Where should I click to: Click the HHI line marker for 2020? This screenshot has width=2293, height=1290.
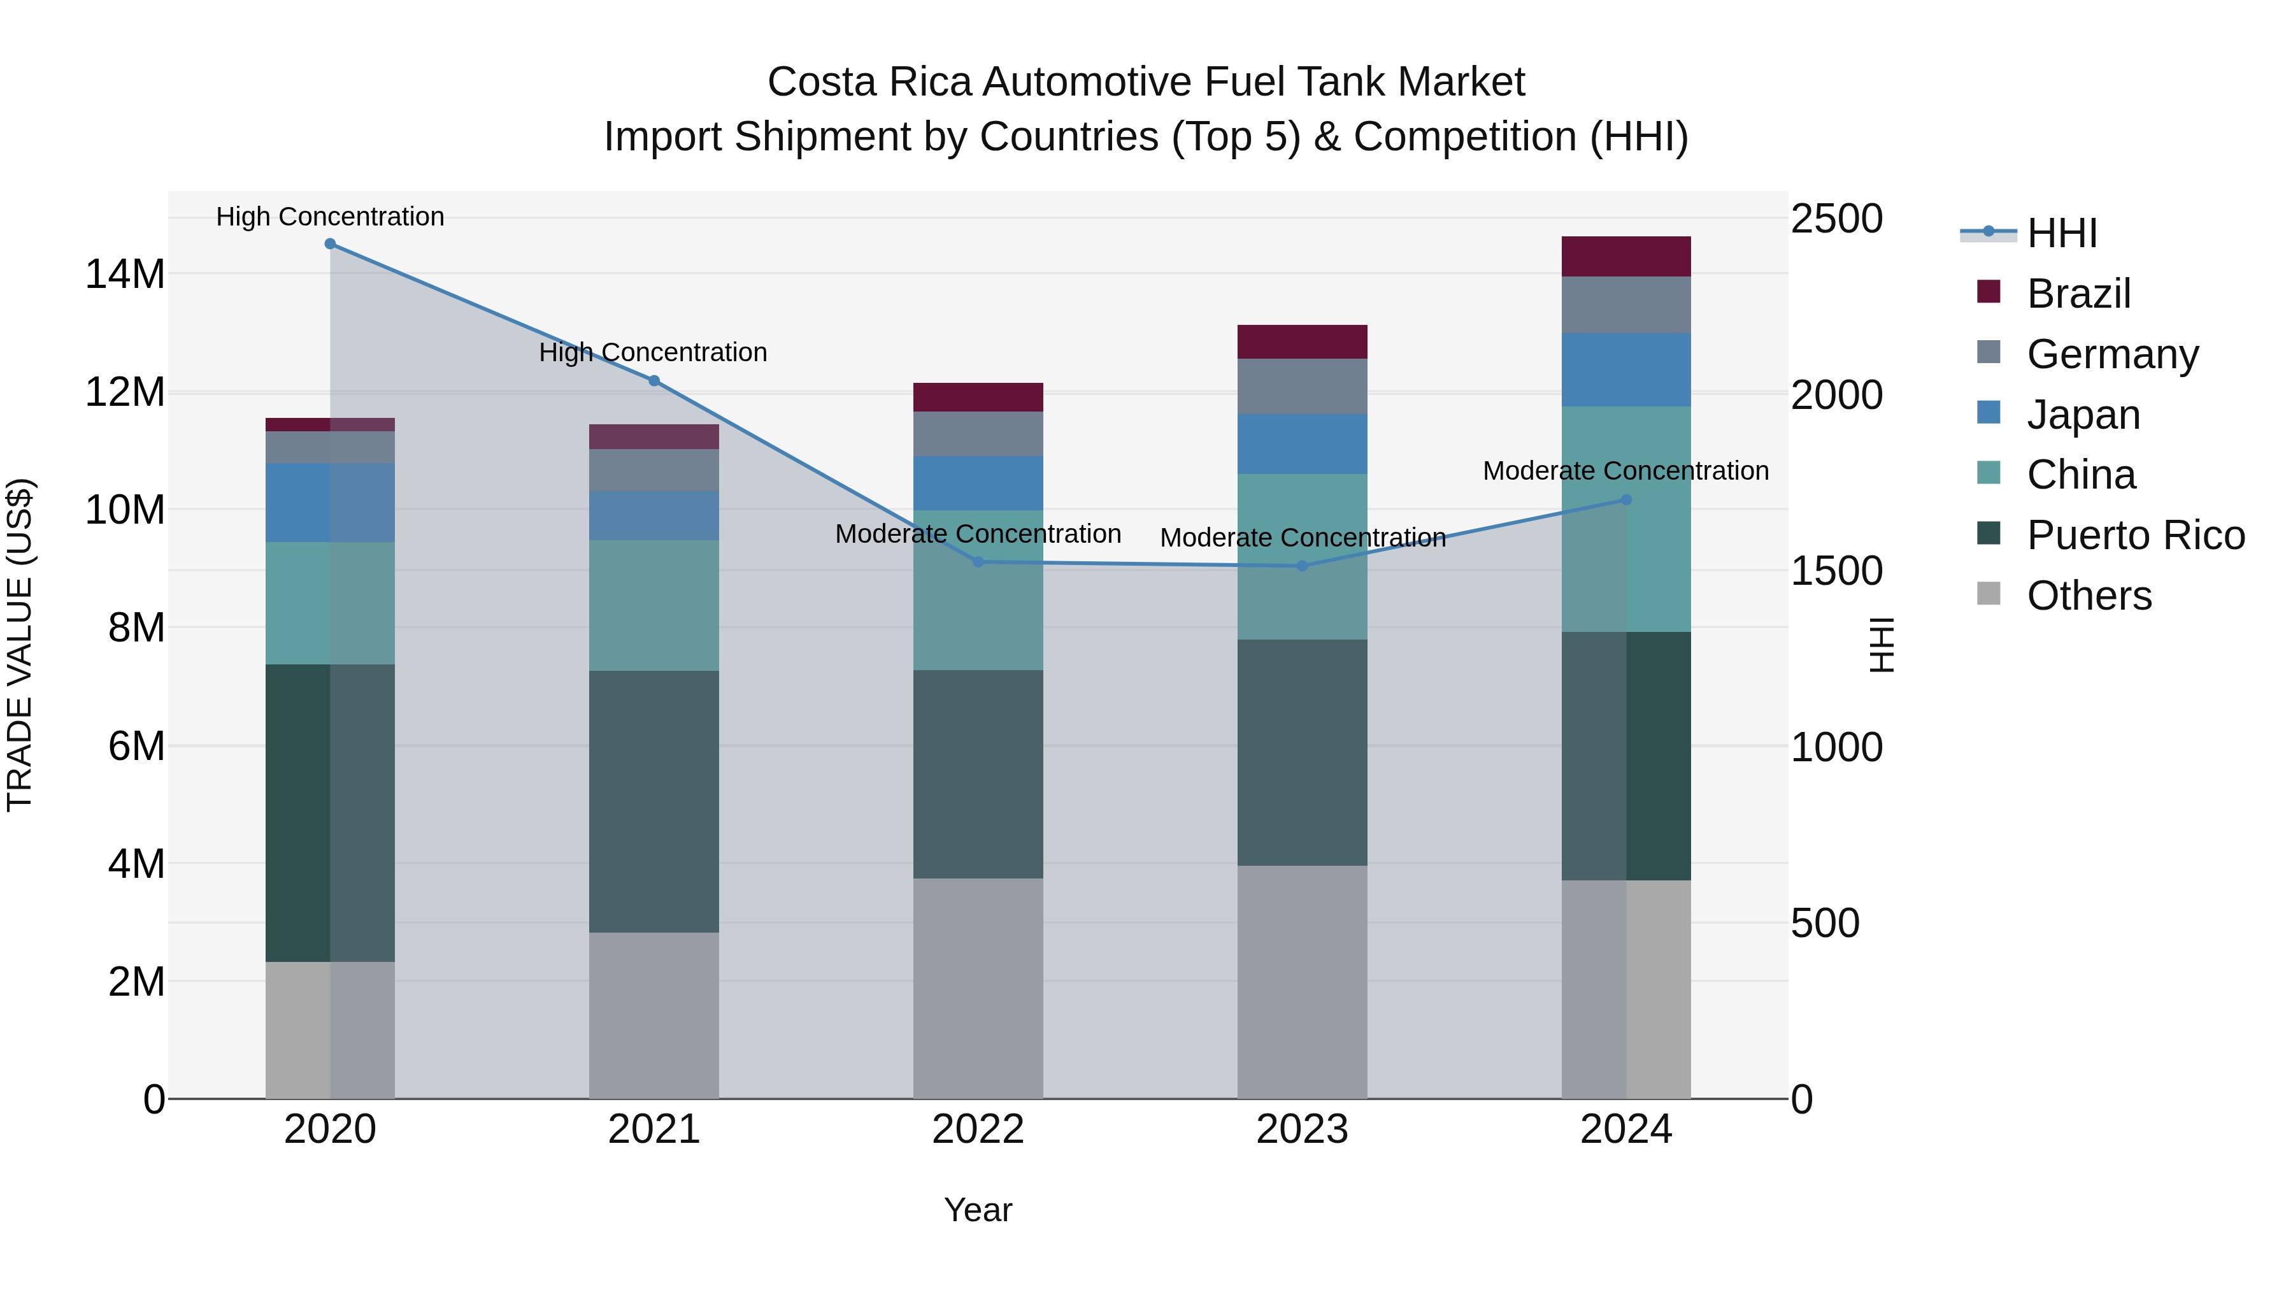[x=330, y=244]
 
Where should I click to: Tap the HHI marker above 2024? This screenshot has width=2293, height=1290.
[x=1625, y=499]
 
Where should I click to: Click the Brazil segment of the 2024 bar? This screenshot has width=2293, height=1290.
[x=1625, y=256]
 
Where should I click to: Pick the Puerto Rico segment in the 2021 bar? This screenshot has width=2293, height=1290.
[x=654, y=801]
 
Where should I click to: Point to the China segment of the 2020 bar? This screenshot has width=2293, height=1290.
[x=330, y=603]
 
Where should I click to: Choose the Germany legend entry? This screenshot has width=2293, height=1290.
[x=2111, y=354]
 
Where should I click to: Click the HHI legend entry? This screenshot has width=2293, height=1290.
[x=2062, y=233]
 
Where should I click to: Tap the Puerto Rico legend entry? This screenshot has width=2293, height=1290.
[x=2134, y=535]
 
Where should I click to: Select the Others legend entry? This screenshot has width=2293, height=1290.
[x=2089, y=596]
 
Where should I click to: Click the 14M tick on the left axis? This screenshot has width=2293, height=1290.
[x=125, y=274]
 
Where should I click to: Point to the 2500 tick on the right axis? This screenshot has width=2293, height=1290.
[x=1836, y=219]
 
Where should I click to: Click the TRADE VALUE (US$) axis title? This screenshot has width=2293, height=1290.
[x=20, y=645]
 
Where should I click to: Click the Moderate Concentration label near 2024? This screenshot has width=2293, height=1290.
[x=1625, y=471]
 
